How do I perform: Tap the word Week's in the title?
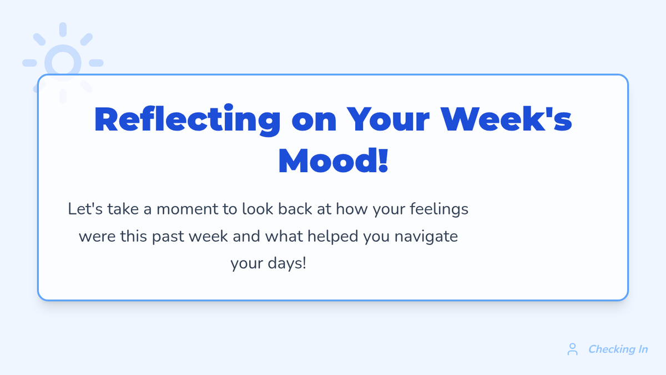coord(506,119)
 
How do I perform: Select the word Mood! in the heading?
coord(334,161)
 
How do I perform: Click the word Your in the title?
coord(388,119)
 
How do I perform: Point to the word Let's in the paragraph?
coord(85,209)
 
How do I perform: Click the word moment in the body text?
coord(188,209)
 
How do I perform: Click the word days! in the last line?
coord(287,264)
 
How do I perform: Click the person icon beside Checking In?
coord(572,349)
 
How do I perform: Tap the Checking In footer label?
coord(618,349)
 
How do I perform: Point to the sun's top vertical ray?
coord(63,29)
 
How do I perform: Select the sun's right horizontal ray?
coord(96,63)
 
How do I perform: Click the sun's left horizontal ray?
coord(29,63)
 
